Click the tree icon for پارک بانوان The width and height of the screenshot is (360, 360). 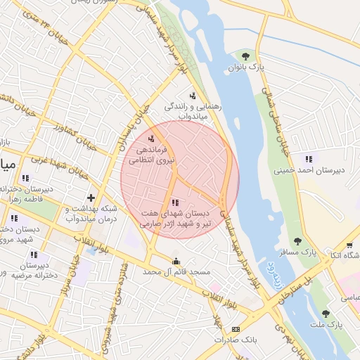coord(245,56)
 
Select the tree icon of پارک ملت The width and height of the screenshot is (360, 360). coord(325,314)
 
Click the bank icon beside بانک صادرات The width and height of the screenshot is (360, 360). coord(236,328)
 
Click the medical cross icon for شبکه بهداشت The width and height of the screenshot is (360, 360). coord(90,198)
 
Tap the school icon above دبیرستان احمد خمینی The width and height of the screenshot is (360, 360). coord(308,157)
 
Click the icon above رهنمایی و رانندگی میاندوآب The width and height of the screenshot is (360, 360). coord(193,95)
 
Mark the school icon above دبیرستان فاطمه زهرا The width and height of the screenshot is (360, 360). coord(25,178)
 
